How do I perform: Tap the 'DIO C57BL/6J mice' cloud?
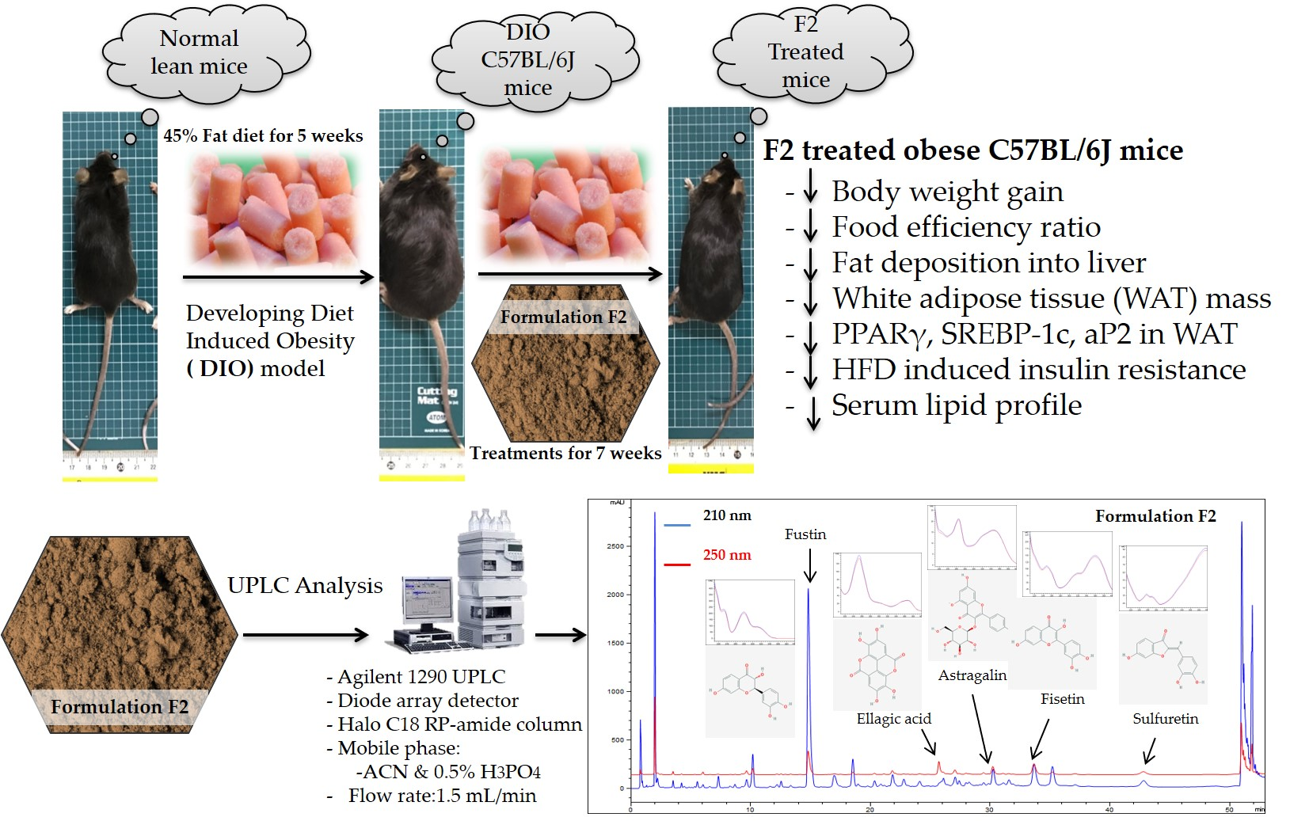pyautogui.click(x=528, y=60)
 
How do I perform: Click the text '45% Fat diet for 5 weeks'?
pyautogui.click(x=263, y=136)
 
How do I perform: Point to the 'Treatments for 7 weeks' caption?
pyautogui.click(x=565, y=454)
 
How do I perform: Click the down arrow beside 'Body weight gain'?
pyautogui.click(x=810, y=192)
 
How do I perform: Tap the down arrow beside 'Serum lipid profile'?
pyautogui.click(x=813, y=411)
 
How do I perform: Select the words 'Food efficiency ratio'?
pyautogui.click(x=965, y=227)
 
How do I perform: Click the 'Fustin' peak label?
pyautogui.click(x=805, y=534)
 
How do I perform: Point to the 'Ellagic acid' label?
pyautogui.click(x=893, y=719)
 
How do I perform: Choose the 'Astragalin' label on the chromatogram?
pyautogui.click(x=972, y=675)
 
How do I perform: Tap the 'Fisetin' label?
pyautogui.click(x=1062, y=699)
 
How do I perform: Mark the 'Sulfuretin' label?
pyautogui.click(x=1165, y=719)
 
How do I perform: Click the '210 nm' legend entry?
pyautogui.click(x=727, y=515)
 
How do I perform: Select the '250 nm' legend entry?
pyautogui.click(x=727, y=555)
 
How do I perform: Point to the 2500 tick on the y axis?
pyautogui.click(x=615, y=546)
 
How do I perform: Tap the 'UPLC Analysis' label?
pyautogui.click(x=305, y=586)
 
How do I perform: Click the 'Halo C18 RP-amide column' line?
pyautogui.click(x=459, y=724)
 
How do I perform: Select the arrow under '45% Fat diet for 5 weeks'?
pyautogui.click(x=277, y=277)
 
